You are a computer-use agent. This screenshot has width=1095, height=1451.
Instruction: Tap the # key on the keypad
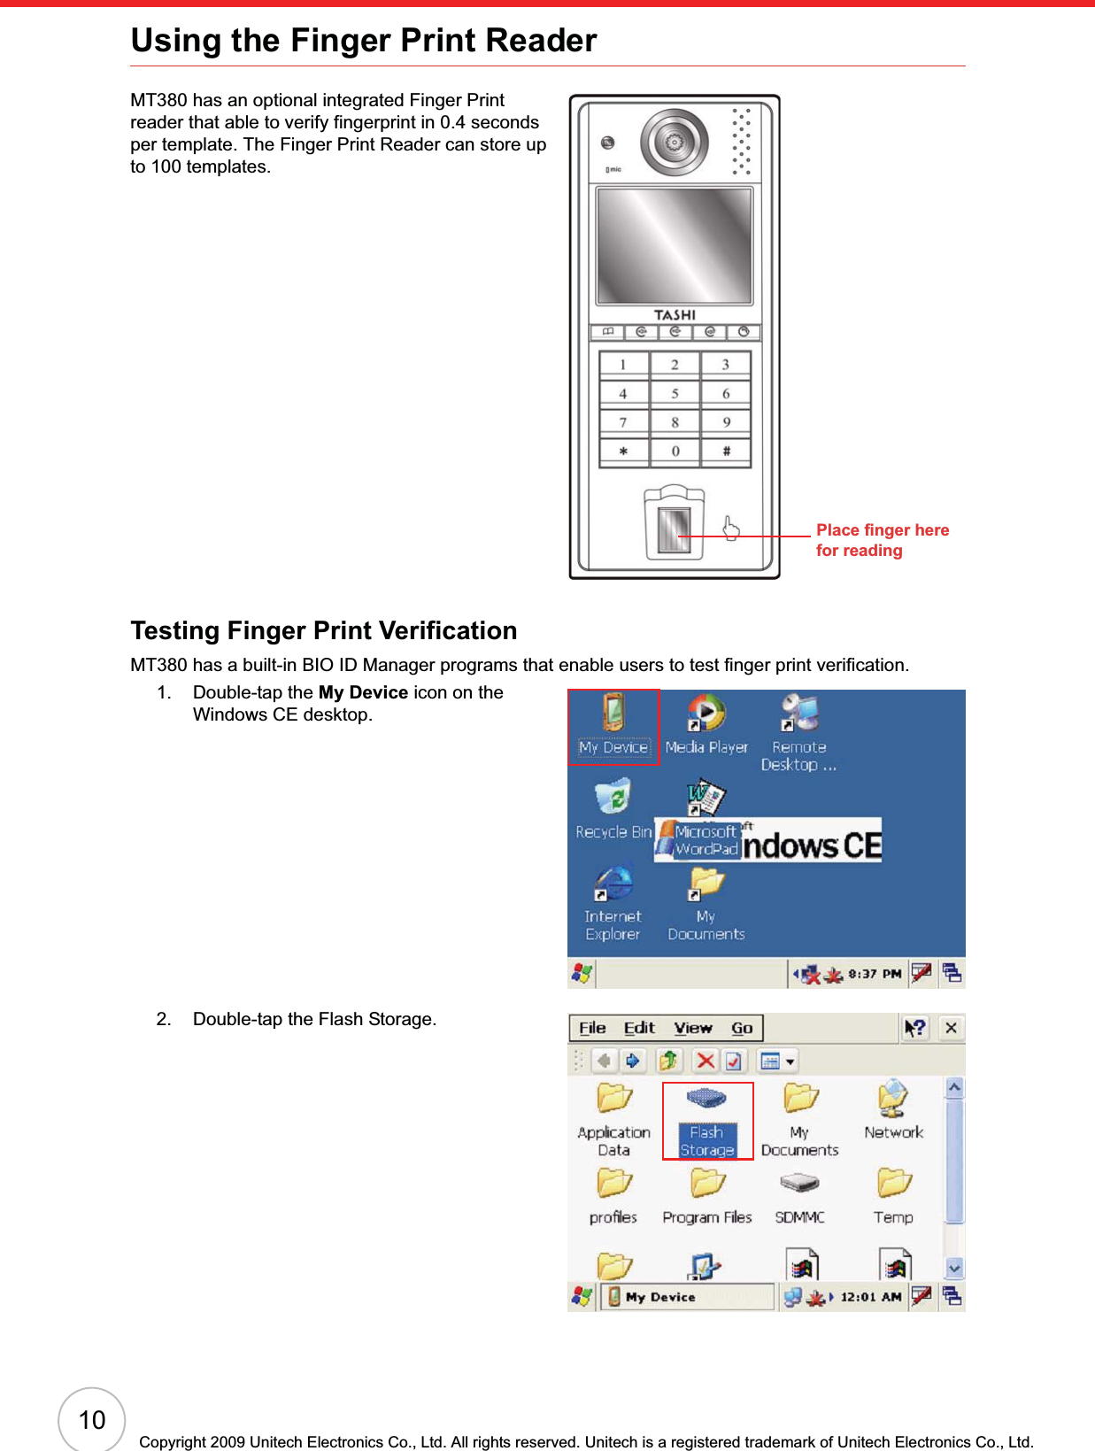click(726, 452)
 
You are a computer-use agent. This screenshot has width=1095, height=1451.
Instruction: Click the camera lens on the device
click(675, 143)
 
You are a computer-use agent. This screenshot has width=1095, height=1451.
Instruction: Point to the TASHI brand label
click(675, 315)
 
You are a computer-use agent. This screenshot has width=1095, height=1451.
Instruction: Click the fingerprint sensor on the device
click(674, 529)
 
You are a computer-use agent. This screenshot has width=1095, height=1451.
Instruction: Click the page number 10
click(92, 1420)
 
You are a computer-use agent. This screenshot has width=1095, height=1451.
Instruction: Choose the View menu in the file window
click(692, 1028)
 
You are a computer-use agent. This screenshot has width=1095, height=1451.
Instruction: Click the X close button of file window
click(951, 1028)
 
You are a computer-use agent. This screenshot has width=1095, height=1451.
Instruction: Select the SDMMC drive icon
click(799, 1194)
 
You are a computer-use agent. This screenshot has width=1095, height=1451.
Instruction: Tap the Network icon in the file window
click(893, 1110)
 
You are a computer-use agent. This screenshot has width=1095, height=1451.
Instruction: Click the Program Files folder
click(707, 1194)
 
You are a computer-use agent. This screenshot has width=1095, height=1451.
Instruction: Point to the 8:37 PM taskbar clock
click(875, 974)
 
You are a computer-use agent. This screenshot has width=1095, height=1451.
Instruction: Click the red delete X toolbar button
click(706, 1060)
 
